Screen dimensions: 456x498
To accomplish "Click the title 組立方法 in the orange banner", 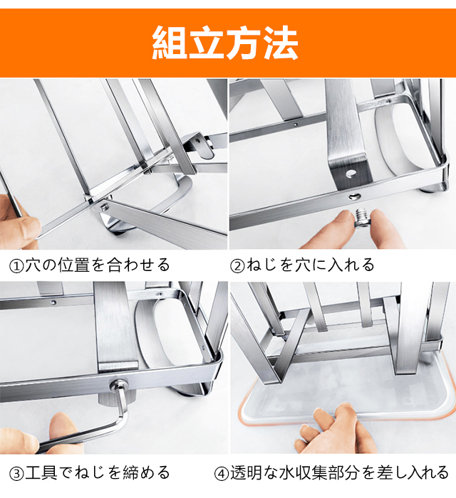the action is click(x=225, y=43).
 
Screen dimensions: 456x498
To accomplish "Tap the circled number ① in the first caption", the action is click(x=16, y=266).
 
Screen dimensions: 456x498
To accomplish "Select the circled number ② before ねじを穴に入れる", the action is click(x=237, y=266).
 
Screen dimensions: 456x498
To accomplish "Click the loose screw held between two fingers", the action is click(x=363, y=219).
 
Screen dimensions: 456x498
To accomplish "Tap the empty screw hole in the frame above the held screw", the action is click(x=353, y=196).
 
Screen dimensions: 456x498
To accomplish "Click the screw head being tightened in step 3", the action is click(x=117, y=386).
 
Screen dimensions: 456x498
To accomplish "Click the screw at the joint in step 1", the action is click(x=104, y=207).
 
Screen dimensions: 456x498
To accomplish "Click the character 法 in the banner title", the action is click(x=281, y=43).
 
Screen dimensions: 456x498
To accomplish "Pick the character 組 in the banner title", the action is click(x=170, y=43).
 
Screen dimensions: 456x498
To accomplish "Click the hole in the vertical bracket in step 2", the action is click(x=351, y=173).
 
